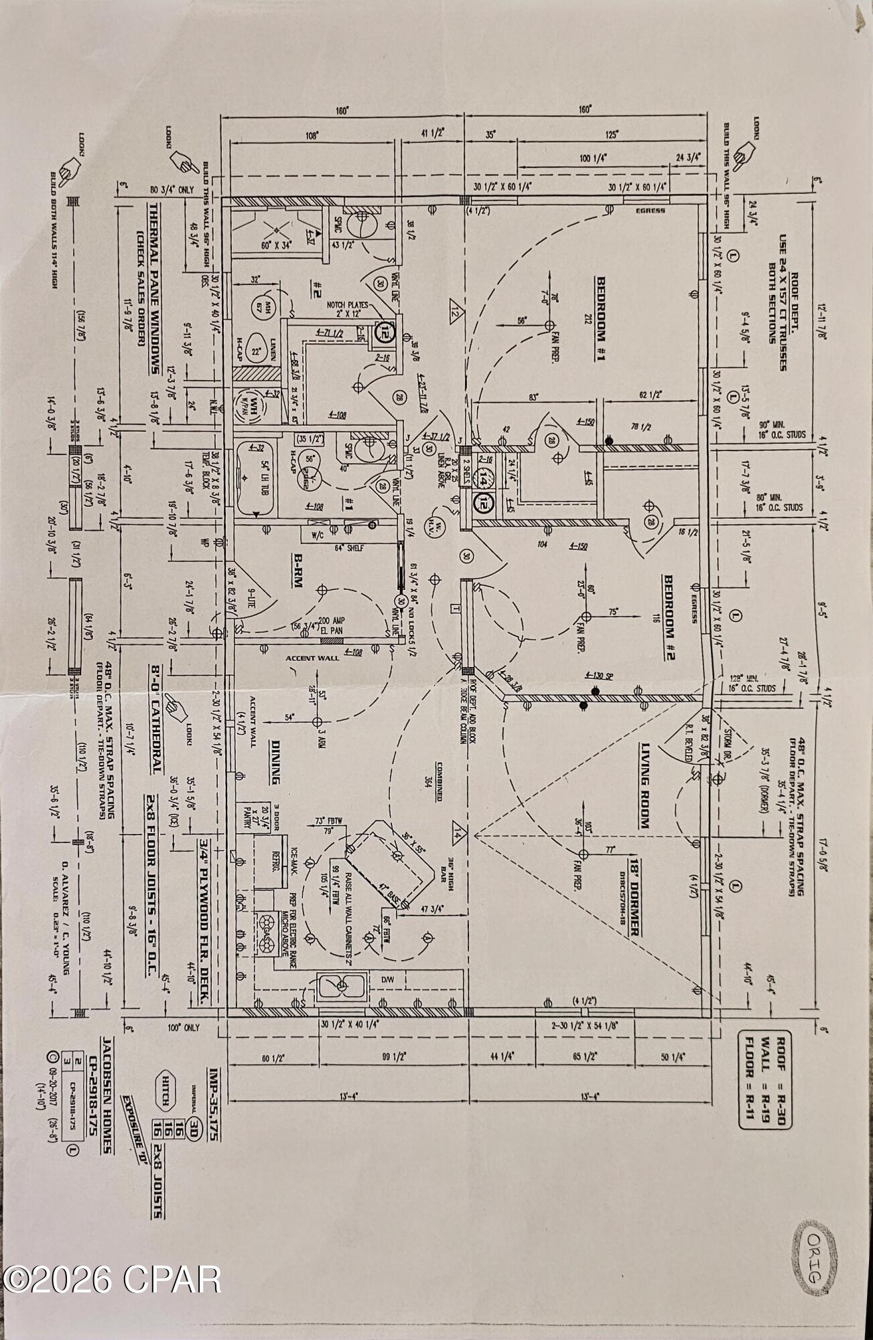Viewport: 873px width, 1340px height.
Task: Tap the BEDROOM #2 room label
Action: tap(668, 617)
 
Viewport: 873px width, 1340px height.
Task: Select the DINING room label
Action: tap(275, 762)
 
